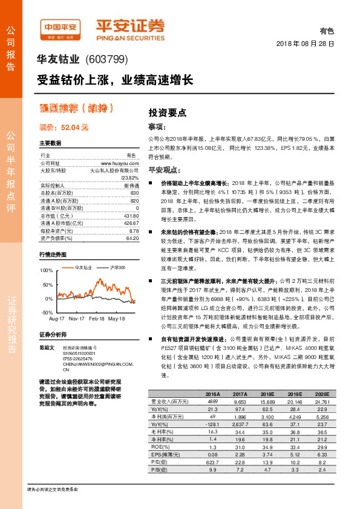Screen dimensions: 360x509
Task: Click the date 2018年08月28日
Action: [305, 44]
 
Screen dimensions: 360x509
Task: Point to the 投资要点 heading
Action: [167, 112]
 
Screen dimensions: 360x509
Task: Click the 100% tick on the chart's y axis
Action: [46, 270]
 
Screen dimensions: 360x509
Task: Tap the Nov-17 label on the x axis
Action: [77, 317]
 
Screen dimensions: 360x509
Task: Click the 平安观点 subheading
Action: [165, 170]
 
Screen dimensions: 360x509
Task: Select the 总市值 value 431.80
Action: [131, 216]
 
